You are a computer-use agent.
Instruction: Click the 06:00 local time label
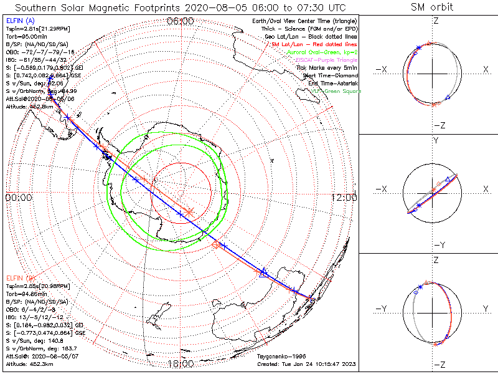[x=181, y=21]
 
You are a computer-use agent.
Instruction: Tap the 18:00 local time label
[x=180, y=363]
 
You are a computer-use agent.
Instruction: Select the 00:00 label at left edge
[x=18, y=197]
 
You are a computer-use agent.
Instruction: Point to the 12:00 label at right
[x=344, y=197]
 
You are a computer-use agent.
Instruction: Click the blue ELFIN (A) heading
[x=19, y=21]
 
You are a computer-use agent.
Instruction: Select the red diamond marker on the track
[x=216, y=245]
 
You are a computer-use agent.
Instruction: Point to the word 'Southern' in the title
[x=37, y=7]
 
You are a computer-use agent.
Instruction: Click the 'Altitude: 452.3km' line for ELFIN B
[x=30, y=363]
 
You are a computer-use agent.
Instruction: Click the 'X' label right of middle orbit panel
[x=485, y=188]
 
